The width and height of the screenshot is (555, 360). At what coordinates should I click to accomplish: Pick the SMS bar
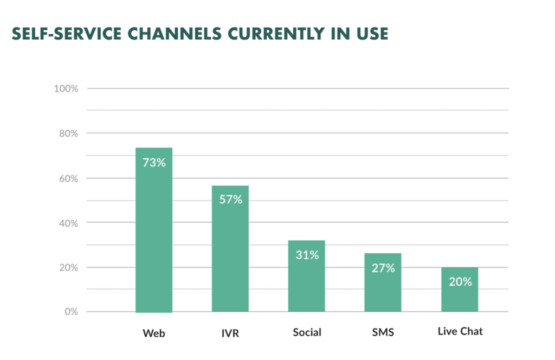coord(383,287)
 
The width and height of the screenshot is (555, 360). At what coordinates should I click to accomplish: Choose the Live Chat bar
coord(460,295)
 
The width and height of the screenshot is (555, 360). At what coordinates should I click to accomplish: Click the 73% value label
coord(154,162)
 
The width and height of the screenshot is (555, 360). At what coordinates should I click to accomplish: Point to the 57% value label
coord(230,200)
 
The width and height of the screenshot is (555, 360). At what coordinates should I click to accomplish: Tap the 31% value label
coord(307,255)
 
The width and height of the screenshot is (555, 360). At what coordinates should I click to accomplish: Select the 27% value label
coord(383,268)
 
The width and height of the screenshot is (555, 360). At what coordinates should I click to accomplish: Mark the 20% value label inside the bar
coord(460,282)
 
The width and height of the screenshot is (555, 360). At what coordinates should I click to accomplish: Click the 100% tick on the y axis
coord(66,88)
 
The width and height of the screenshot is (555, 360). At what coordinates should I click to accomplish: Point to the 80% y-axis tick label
coord(68,133)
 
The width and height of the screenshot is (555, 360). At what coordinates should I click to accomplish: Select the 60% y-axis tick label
coord(68,178)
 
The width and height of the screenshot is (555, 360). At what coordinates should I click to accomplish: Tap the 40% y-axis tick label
coord(68,223)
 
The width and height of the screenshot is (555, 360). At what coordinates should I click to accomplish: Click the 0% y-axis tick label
coord(71,312)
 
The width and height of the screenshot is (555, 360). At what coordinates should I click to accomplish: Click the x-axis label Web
coord(154,332)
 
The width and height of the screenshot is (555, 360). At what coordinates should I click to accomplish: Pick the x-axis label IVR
coord(230,332)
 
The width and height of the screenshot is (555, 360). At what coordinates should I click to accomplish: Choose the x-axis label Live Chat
coord(460,331)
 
